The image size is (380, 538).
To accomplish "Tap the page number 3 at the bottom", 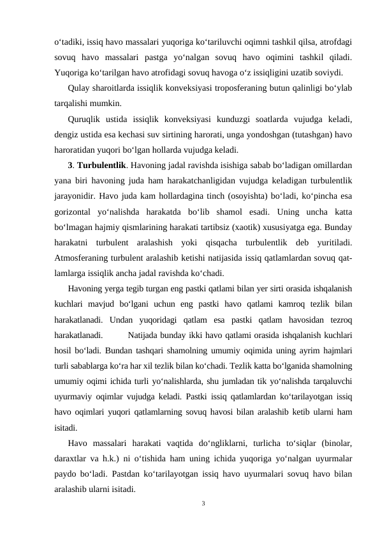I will point(203,504).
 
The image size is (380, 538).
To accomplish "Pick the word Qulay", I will point(79,87).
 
